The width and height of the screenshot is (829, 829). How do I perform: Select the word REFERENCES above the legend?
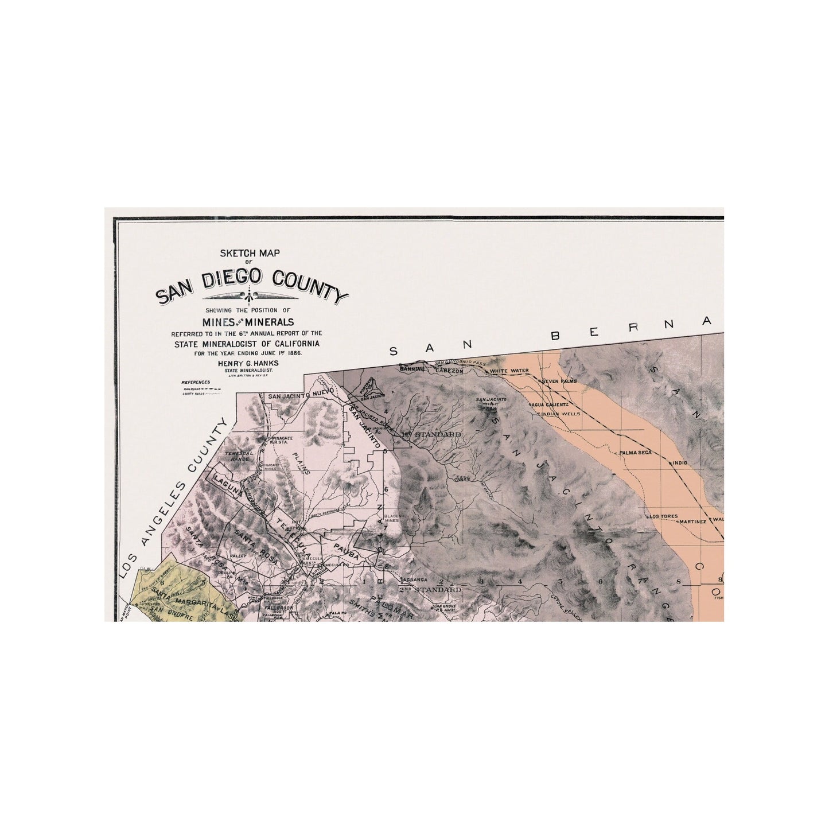coord(196,382)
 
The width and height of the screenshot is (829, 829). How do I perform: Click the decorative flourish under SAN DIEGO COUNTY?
coord(251,296)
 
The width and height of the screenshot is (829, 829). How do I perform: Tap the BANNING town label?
coord(412,368)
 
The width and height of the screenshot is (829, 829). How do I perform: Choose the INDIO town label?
coord(680,462)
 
